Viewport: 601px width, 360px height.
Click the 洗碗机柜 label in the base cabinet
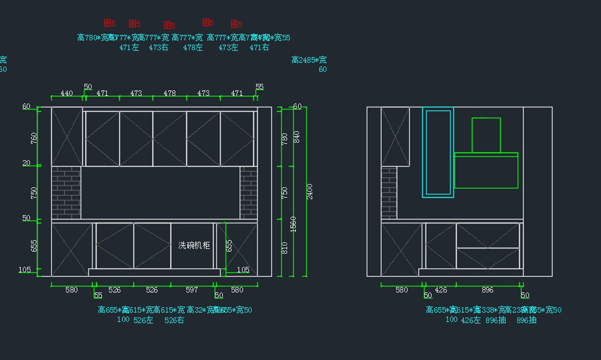[194, 245]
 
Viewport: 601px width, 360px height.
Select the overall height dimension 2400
[310, 191]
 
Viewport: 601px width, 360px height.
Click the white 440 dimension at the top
[67, 93]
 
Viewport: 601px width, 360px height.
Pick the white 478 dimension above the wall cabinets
[170, 93]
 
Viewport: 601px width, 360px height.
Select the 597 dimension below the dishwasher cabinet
[192, 290]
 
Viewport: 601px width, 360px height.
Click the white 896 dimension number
[487, 290]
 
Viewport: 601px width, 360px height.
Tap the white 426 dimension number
[441, 290]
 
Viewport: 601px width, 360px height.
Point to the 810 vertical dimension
[285, 248]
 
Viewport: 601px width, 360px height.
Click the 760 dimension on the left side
[34, 139]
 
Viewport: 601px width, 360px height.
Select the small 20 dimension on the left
[27, 163]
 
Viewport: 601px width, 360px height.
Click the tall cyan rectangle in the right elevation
[438, 152]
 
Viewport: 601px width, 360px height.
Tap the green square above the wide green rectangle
[486, 135]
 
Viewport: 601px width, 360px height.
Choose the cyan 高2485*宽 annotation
[309, 60]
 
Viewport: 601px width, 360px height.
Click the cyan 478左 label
[193, 48]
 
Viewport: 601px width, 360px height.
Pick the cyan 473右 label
[158, 48]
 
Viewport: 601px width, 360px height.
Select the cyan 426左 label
[471, 320]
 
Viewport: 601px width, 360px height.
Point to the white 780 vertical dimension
[285, 139]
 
